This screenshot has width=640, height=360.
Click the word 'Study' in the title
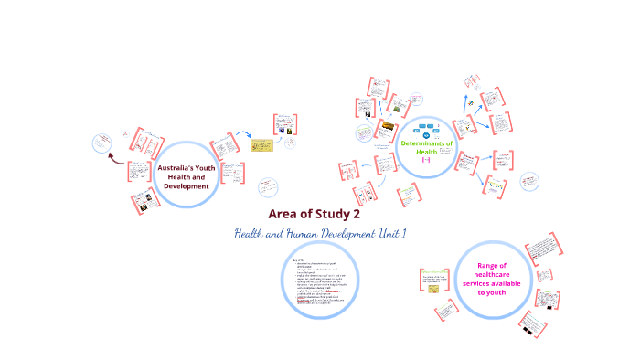coord(332,215)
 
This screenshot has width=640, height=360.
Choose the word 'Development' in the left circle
coord(187,186)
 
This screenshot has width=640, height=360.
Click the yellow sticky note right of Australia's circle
coord(262,144)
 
